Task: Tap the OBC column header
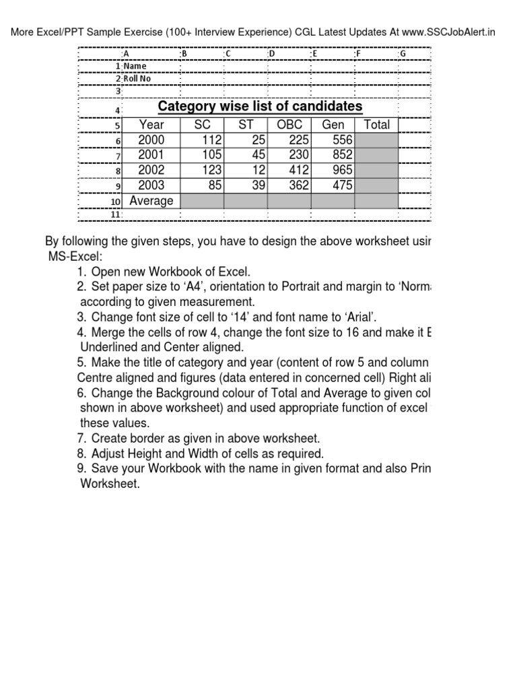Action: click(289, 125)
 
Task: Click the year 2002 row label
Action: click(151, 170)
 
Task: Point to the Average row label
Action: click(151, 201)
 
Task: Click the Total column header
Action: click(376, 125)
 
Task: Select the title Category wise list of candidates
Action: click(260, 106)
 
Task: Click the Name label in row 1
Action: click(135, 66)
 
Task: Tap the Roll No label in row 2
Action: click(137, 78)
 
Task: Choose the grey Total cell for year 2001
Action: click(376, 155)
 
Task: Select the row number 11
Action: click(115, 214)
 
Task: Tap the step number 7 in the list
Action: click(81, 439)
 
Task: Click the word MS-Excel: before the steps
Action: click(75, 257)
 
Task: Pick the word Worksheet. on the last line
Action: click(110, 483)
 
